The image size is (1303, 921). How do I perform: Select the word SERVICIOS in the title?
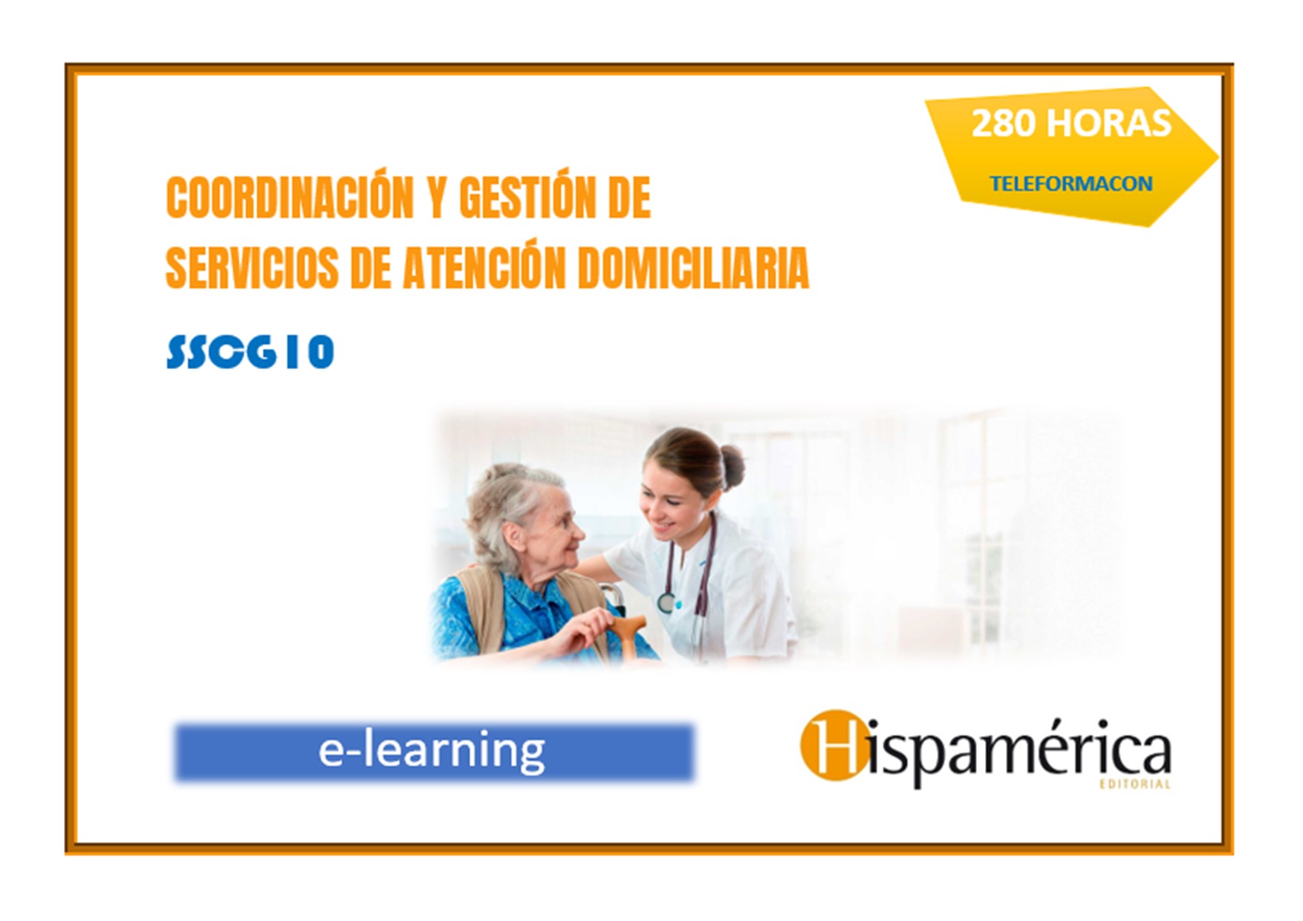pyautogui.click(x=251, y=267)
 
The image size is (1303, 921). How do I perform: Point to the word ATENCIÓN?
pyautogui.click(x=484, y=267)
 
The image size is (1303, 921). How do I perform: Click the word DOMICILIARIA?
pyautogui.click(x=693, y=267)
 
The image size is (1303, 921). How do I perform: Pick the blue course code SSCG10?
pyautogui.click(x=250, y=351)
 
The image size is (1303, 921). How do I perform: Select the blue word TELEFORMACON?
pyautogui.click(x=1070, y=183)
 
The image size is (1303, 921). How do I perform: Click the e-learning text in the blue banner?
pyautogui.click(x=432, y=751)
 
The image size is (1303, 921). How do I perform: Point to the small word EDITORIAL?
pyautogui.click(x=1135, y=784)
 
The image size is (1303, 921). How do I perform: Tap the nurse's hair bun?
pyautogui.click(x=732, y=466)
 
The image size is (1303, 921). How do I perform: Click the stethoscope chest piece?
pyautogui.click(x=666, y=600)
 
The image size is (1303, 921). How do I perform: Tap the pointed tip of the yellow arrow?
pyautogui.click(x=1218, y=157)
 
